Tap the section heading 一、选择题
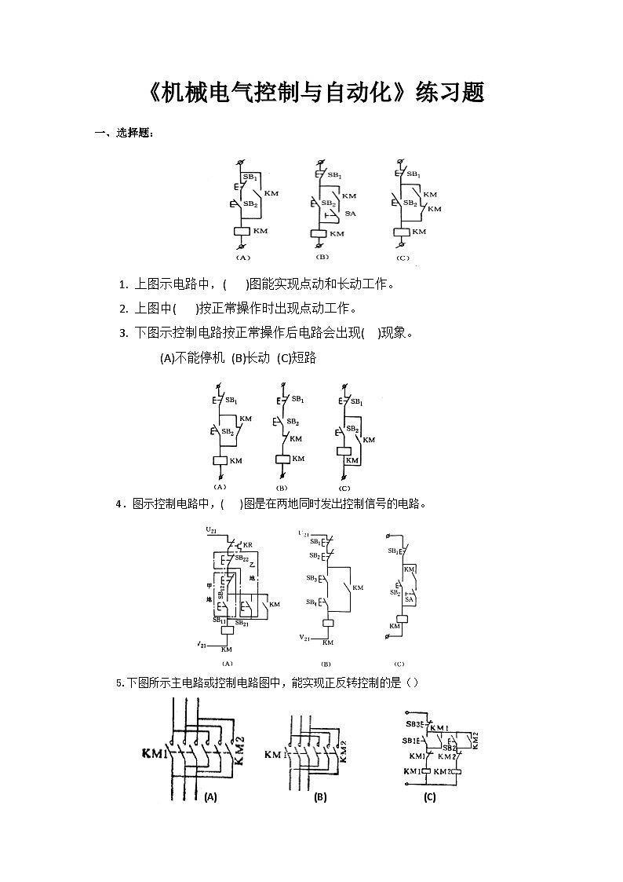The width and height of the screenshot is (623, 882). (x=124, y=133)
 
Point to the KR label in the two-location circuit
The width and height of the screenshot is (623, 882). (x=248, y=545)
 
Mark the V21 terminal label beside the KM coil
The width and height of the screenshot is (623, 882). (x=306, y=636)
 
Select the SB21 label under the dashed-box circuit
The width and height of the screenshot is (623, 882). (x=243, y=624)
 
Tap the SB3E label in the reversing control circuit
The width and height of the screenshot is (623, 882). (x=415, y=724)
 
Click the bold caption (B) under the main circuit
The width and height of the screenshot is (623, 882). (x=320, y=797)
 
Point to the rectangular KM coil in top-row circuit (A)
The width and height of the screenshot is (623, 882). (x=242, y=231)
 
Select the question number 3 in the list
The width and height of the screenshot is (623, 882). (x=123, y=333)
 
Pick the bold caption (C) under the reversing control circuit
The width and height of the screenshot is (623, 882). (x=429, y=797)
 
